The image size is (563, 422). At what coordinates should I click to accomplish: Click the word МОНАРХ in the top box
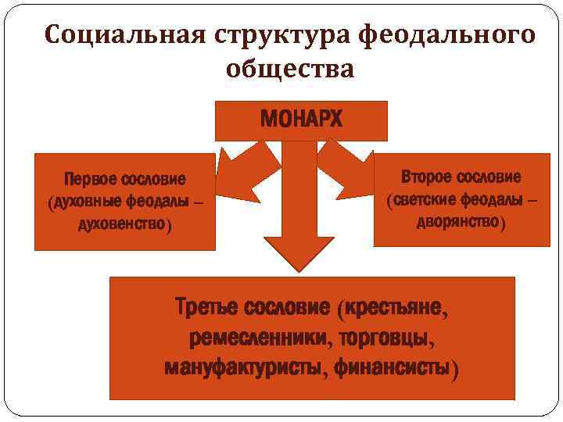[x=301, y=120]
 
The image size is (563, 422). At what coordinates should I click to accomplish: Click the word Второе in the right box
[x=428, y=177]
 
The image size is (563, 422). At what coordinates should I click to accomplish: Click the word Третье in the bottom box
[x=209, y=308]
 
